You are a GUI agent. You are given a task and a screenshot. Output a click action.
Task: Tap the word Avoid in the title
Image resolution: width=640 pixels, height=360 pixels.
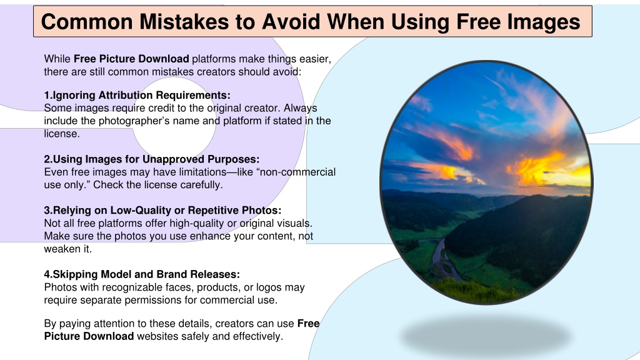(291, 22)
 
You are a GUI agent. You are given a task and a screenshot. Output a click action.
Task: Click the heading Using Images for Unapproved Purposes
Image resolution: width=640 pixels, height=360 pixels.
(152, 159)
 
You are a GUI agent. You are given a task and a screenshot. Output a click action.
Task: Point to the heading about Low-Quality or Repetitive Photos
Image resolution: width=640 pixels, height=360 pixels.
(162, 210)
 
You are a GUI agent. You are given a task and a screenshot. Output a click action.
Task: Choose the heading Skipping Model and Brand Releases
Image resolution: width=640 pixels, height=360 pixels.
(142, 274)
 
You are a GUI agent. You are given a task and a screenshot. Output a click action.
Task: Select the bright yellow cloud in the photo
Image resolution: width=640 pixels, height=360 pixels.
(539, 167)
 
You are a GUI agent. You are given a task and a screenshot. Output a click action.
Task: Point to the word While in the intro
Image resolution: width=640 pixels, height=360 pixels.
(57, 59)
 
